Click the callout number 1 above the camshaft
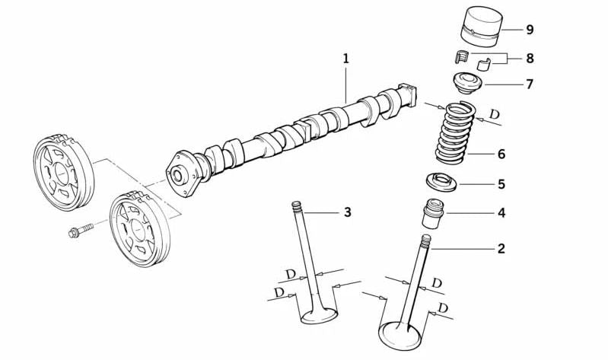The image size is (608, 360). click(345, 58)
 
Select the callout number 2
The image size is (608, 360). click(501, 248)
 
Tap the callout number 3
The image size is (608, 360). click(347, 212)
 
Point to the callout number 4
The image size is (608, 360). click(501, 213)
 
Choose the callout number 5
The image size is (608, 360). click(501, 184)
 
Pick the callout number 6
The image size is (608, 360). click(501, 154)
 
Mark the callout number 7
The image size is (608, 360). click(529, 84)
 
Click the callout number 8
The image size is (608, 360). click(529, 57)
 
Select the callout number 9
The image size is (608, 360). click(529, 29)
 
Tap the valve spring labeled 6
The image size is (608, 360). click(458, 134)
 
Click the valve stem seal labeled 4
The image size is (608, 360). click(433, 214)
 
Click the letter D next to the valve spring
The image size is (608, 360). click(495, 115)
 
